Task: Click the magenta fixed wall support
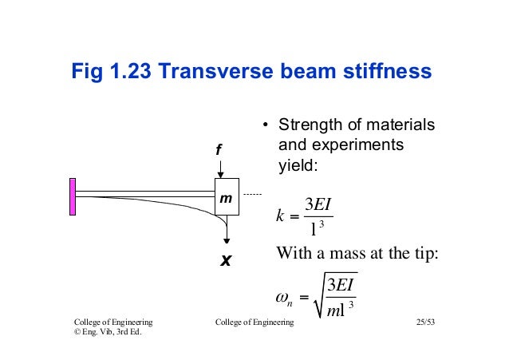(73, 193)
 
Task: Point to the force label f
(219, 150)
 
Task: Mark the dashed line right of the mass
(252, 194)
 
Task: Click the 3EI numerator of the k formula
(318, 204)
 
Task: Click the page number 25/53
(429, 322)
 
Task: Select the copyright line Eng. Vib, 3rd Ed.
(108, 333)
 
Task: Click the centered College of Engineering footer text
(254, 322)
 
